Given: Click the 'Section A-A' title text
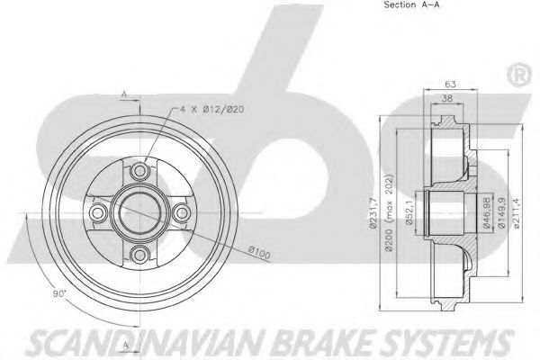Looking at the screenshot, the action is [x=411, y=4].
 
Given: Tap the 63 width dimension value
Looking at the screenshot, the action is [x=450, y=84].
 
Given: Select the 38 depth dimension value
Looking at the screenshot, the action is [x=446, y=98].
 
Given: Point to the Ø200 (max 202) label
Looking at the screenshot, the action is [x=389, y=213].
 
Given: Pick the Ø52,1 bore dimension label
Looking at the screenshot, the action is [x=409, y=212].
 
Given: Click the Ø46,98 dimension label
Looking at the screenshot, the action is [x=486, y=213].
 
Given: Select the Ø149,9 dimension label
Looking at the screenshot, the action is [x=501, y=213].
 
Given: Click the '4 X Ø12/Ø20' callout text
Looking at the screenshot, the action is [x=212, y=110].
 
